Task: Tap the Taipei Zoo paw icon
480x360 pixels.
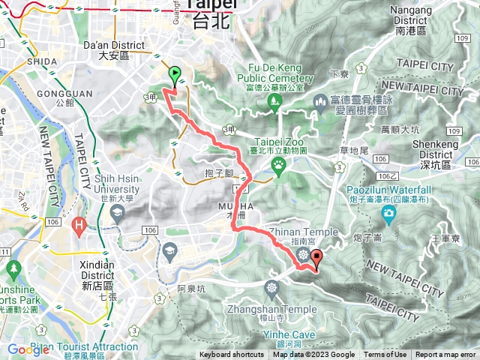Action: (x=279, y=163)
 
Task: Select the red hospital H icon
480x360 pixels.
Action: (x=79, y=223)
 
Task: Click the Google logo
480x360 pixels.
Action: (x=28, y=349)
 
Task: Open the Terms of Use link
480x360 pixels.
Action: (x=385, y=355)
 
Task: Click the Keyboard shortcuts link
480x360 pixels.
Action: (x=232, y=355)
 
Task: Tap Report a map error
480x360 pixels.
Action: (x=445, y=355)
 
